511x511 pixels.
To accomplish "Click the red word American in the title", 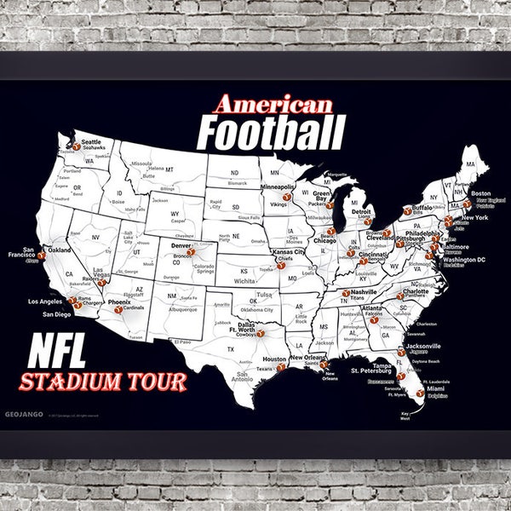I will click(x=273, y=105).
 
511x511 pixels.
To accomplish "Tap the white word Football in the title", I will click(x=271, y=134).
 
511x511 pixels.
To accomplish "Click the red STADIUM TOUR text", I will click(x=105, y=381).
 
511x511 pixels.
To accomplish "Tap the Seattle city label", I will click(x=90, y=142).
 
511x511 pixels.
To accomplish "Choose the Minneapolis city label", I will click(x=278, y=187).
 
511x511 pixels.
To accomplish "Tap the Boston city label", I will click(x=481, y=193).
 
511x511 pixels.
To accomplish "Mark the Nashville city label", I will click(x=364, y=291).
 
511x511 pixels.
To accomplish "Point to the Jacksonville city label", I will click(x=423, y=347).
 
